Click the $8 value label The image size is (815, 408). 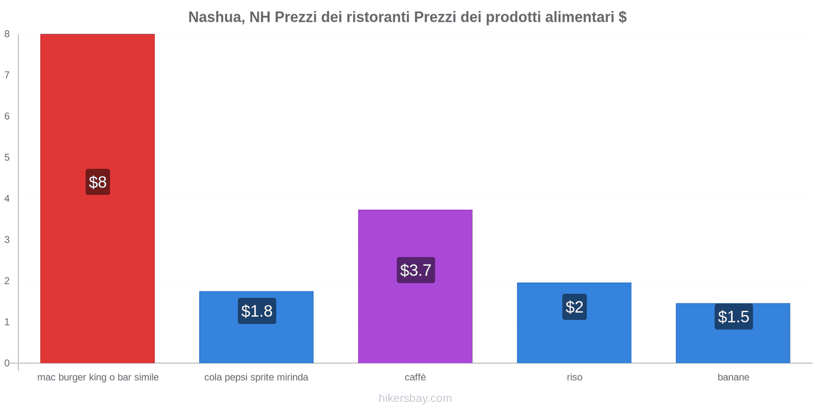[x=98, y=182]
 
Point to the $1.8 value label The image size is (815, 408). [x=257, y=311]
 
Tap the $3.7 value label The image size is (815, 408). [x=416, y=270]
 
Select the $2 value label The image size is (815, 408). [x=575, y=307]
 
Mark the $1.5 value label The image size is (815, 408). [x=733, y=317]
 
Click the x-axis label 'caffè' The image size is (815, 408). [x=415, y=377]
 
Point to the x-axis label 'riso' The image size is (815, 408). [x=575, y=377]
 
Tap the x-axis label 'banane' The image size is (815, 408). [x=733, y=377]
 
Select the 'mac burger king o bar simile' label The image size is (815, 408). [x=98, y=377]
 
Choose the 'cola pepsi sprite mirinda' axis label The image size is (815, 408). [x=256, y=377]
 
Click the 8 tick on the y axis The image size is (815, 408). [x=7, y=34]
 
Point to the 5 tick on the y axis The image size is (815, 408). [x=7, y=158]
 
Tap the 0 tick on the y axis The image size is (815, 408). [x=7, y=363]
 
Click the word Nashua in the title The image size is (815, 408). [x=214, y=17]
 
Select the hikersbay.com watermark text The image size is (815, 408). [x=415, y=398]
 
